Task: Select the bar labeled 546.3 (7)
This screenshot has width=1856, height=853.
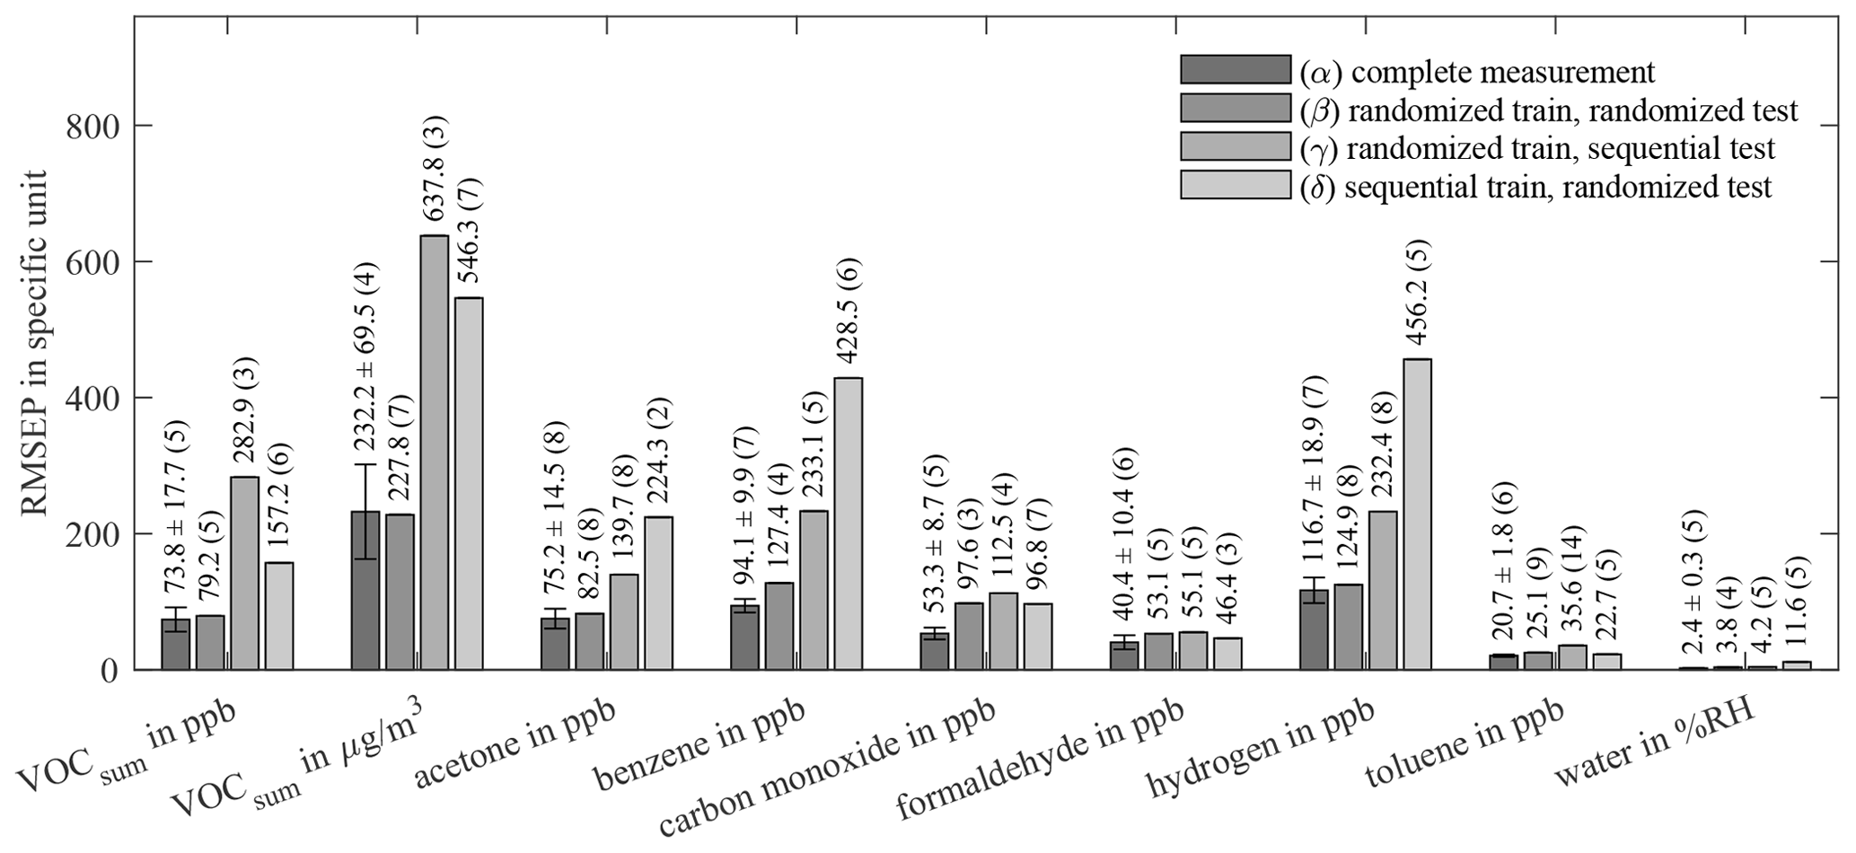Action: [x=470, y=484]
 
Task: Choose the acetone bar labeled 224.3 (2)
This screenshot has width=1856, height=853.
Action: [x=659, y=593]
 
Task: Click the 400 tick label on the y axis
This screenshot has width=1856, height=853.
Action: [x=93, y=398]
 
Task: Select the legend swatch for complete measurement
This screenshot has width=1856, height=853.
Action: [x=1235, y=69]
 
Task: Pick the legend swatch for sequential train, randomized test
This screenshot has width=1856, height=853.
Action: [x=1235, y=185]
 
